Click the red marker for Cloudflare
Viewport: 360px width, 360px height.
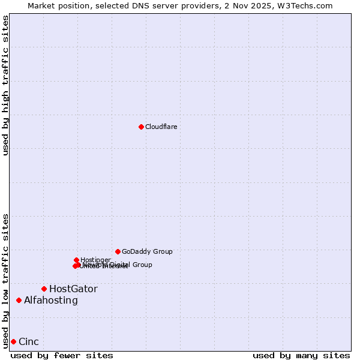pyautogui.click(x=141, y=127)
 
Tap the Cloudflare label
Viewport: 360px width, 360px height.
pyautogui.click(x=161, y=127)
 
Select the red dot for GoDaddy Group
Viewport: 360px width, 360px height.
pyautogui.click(x=118, y=251)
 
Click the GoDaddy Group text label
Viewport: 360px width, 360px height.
pyautogui.click(x=147, y=251)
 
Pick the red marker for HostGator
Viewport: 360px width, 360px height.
pyautogui.click(x=44, y=289)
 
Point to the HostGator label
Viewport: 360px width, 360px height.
pyautogui.click(x=73, y=289)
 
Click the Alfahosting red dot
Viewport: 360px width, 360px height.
pyautogui.click(x=19, y=300)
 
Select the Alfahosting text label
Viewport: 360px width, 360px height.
pyautogui.click(x=51, y=300)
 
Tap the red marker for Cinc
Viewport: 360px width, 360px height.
pyautogui.click(x=13, y=341)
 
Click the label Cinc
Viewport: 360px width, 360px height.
pyautogui.click(x=29, y=341)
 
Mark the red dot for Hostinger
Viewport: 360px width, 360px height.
pyautogui.click(x=76, y=260)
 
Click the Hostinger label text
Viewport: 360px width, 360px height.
pyautogui.click(x=95, y=260)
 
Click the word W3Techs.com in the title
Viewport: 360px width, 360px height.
pyautogui.click(x=309, y=5)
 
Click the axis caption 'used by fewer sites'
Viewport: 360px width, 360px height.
pyautogui.click(x=62, y=355)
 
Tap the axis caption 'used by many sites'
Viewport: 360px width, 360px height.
pyautogui.click(x=301, y=355)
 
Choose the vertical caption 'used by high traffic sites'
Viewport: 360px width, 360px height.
pyautogui.click(x=5, y=86)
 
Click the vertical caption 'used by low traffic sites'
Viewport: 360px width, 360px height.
pyautogui.click(x=5, y=280)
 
